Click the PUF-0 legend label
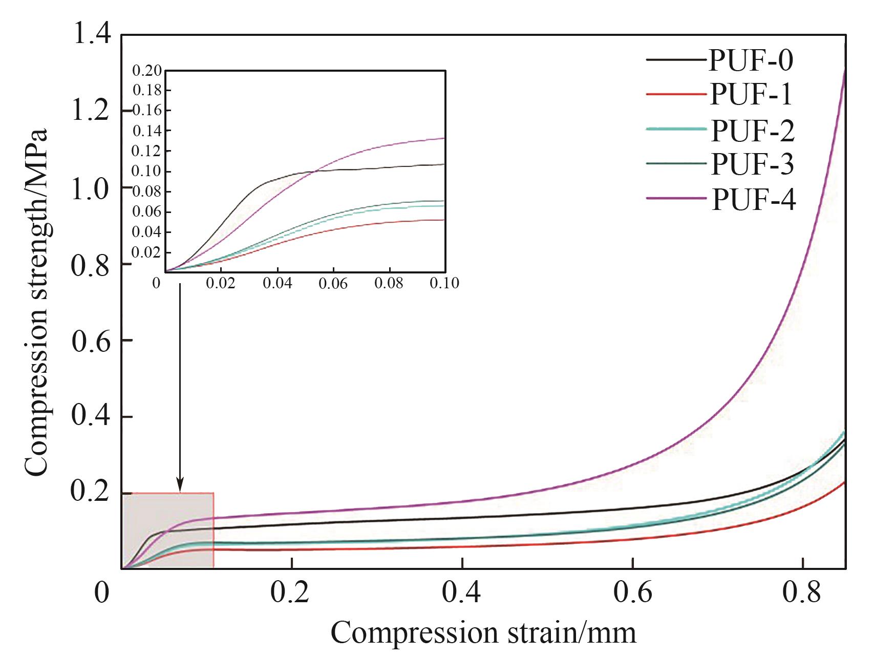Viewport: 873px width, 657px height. point(751,60)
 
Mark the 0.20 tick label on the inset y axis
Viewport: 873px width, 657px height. point(147,71)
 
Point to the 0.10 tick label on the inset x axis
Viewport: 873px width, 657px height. point(444,283)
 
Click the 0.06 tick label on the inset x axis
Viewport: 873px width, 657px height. point(333,283)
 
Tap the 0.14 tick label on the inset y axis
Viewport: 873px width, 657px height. point(147,131)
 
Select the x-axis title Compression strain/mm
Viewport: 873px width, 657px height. point(483,633)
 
